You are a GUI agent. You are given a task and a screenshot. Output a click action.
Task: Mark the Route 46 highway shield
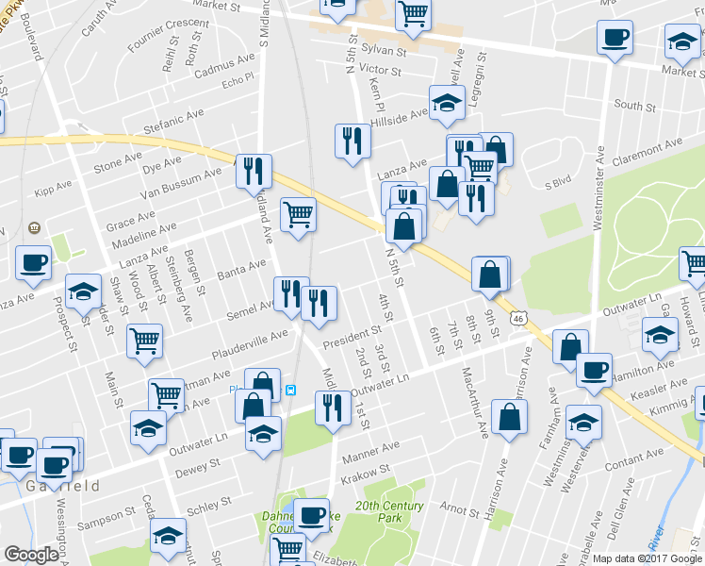pos(519,319)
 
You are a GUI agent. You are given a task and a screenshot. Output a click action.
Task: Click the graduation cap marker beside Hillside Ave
pos(447,103)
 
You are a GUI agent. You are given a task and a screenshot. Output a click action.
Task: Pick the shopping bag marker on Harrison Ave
pos(509,415)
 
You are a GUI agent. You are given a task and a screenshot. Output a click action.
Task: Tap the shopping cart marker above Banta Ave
pos(298,214)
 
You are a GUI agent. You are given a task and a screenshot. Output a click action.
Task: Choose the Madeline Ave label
pos(141,233)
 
